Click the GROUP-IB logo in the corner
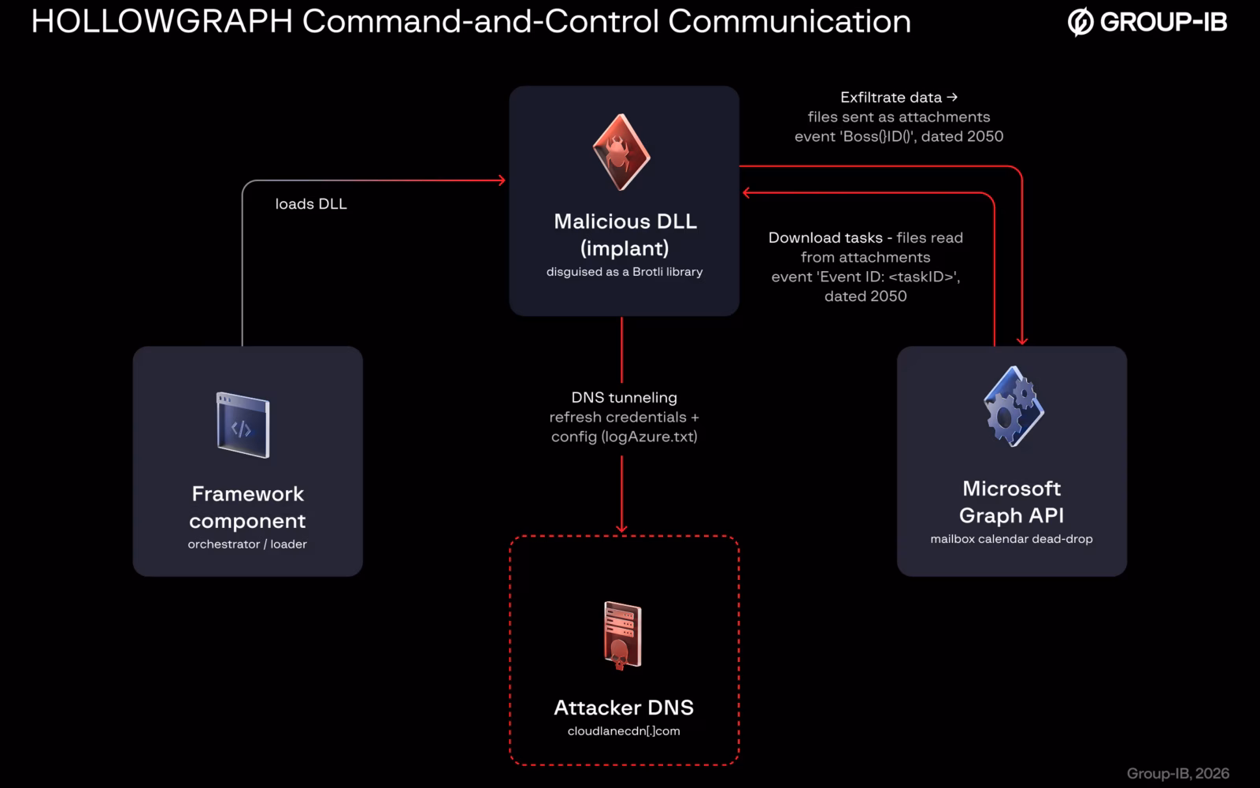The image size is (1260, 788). pos(1147,22)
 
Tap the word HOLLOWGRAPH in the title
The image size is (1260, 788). pos(162,21)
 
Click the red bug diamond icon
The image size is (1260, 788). pos(621,152)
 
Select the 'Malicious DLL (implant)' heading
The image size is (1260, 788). pos(625,235)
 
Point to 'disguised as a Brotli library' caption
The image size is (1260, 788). pos(624,272)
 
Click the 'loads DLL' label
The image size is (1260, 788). pos(311,204)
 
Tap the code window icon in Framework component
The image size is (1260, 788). pos(243,425)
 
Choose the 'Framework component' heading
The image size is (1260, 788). pos(247,507)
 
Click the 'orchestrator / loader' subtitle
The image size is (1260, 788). pos(247,545)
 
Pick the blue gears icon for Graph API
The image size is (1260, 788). pos(1014,407)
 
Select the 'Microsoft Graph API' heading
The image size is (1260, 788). pos(1011,501)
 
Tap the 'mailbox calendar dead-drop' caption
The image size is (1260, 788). pos(1011,539)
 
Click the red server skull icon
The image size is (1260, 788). pos(623,636)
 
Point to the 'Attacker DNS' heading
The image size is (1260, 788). pos(624,708)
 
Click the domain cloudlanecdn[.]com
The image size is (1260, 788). pos(624,731)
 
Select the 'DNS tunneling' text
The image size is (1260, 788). pos(624,397)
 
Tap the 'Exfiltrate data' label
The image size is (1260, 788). pos(891,98)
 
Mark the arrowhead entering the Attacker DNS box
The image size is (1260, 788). pos(621,529)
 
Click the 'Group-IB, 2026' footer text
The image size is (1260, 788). pos(1178,773)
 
